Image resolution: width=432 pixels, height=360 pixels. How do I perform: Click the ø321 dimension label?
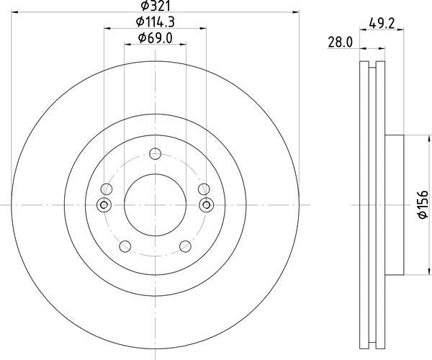point(156,5)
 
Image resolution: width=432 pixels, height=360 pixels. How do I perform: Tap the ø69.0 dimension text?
point(156,38)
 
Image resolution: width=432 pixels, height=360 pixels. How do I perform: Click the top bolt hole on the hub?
point(156,153)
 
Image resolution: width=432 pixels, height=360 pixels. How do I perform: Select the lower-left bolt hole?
point(125,246)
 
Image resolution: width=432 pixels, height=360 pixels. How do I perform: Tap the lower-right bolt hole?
point(186,246)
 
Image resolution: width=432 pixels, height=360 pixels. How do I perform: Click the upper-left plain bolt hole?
point(107,189)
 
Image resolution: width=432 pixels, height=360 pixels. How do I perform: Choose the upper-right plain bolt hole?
point(204,189)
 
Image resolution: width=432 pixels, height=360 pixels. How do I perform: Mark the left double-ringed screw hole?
point(104,205)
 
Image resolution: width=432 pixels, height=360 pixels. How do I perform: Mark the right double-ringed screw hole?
point(207,205)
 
